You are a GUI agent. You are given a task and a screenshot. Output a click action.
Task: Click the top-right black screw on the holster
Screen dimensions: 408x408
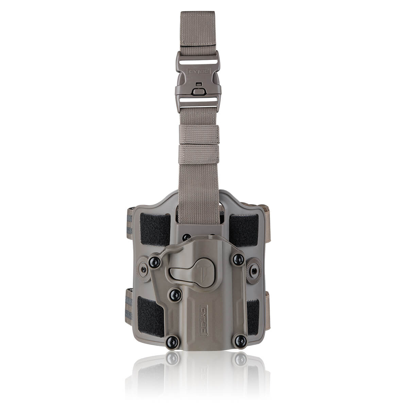click(237, 260)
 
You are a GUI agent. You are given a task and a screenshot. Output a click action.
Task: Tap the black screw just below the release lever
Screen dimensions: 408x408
click(175, 294)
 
